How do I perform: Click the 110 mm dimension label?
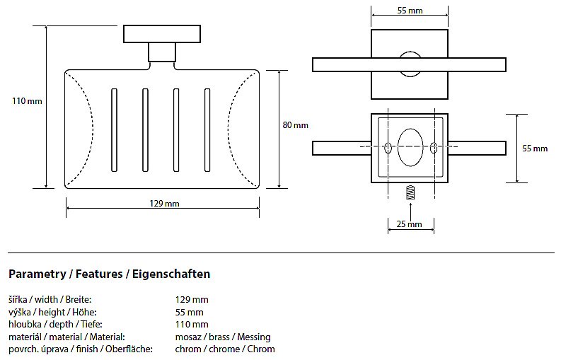click(x=27, y=101)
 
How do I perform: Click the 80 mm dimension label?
click(x=296, y=125)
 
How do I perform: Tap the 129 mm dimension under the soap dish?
click(x=165, y=204)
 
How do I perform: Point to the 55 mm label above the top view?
click(x=410, y=11)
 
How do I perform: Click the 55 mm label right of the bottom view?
click(x=535, y=149)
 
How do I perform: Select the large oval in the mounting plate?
click(x=410, y=148)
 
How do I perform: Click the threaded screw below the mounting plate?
click(x=410, y=192)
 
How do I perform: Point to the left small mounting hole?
click(x=388, y=149)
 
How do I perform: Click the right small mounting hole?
click(x=433, y=149)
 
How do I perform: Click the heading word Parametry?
click(x=35, y=274)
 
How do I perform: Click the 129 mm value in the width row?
click(x=192, y=299)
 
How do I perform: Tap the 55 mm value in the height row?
click(x=189, y=312)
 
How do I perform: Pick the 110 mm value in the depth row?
click(x=192, y=325)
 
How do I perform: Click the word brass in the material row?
click(x=219, y=337)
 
